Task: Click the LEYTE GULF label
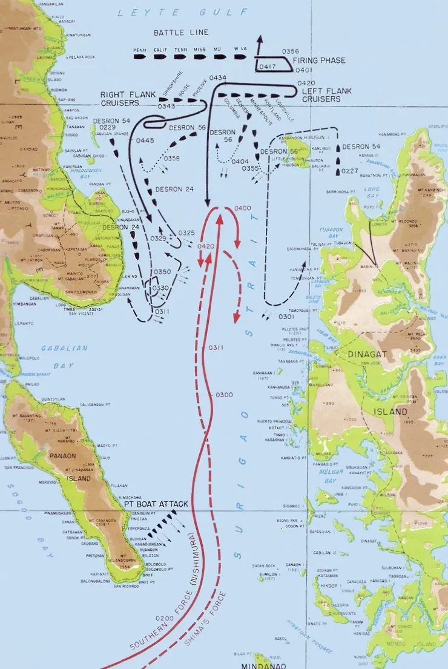182,12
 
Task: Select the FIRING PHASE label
319,61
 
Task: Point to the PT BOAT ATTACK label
156,504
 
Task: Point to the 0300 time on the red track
224,395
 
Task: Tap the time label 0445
145,140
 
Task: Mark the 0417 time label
266,67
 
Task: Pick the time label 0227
350,171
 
